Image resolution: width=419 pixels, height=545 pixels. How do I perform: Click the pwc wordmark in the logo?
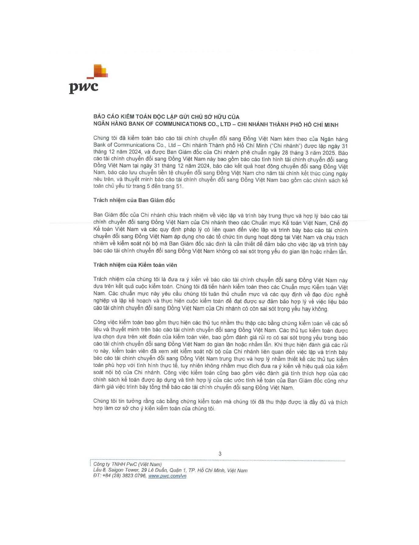(x=84, y=87)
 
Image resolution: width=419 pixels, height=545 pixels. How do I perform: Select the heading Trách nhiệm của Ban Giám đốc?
(x=134, y=200)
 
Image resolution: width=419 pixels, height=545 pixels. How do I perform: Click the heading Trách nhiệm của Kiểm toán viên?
(x=135, y=265)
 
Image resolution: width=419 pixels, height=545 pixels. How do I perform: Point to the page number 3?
(x=220, y=454)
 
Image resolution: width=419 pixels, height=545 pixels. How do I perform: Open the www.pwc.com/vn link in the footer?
(x=167, y=476)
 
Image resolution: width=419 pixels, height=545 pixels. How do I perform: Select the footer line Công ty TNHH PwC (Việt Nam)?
(x=127, y=464)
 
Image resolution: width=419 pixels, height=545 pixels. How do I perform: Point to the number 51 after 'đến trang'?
(x=180, y=186)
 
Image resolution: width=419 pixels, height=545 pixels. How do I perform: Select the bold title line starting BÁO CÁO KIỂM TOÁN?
(x=166, y=117)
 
